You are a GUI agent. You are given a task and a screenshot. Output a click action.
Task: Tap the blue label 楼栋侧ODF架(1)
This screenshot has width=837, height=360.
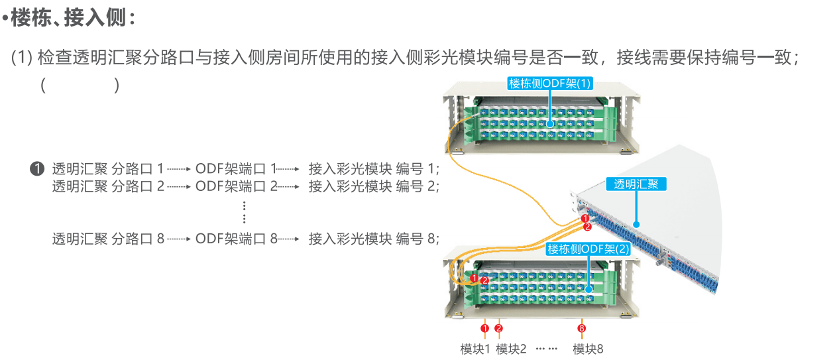pyautogui.click(x=549, y=83)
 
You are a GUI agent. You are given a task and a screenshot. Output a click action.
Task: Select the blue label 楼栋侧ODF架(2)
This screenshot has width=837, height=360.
pyautogui.click(x=588, y=249)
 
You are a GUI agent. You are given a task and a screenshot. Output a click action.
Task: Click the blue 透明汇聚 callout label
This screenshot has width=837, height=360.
pyautogui.click(x=636, y=184)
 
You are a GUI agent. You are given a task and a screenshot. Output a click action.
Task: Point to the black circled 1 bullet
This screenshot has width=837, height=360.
pyautogui.click(x=38, y=168)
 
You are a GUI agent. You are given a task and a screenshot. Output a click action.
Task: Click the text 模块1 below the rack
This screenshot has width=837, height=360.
pyautogui.click(x=474, y=349)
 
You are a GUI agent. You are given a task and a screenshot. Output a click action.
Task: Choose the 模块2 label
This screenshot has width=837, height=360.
pyautogui.click(x=511, y=349)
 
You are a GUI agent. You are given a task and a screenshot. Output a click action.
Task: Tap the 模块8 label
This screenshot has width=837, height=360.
pyautogui.click(x=588, y=349)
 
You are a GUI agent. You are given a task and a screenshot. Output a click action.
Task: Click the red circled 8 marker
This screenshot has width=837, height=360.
pyautogui.click(x=582, y=328)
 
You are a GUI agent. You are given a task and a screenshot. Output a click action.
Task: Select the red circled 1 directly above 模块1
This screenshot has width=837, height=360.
pyautogui.click(x=484, y=328)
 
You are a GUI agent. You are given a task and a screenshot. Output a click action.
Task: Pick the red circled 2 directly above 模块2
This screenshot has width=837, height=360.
pyautogui.click(x=499, y=328)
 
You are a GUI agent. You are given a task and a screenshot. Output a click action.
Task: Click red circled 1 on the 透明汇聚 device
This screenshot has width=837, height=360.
pyautogui.click(x=585, y=218)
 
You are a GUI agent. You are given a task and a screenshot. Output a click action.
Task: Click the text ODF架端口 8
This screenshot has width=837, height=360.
pyautogui.click(x=237, y=239)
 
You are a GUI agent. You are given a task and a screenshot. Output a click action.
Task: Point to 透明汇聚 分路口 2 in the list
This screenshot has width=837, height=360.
pyautogui.click(x=108, y=186)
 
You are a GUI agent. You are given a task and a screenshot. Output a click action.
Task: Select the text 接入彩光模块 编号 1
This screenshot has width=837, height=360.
pyautogui.click(x=374, y=168)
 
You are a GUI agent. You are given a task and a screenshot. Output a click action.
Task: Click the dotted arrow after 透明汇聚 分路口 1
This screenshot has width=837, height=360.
pyautogui.click(x=179, y=169)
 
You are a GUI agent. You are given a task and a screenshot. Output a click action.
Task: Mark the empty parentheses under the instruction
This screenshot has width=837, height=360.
pyautogui.click(x=80, y=86)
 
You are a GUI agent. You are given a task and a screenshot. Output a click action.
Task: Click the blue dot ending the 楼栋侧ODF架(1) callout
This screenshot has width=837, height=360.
pyautogui.click(x=550, y=124)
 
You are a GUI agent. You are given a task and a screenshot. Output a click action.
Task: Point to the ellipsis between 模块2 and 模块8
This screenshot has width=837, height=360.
pyautogui.click(x=547, y=349)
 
